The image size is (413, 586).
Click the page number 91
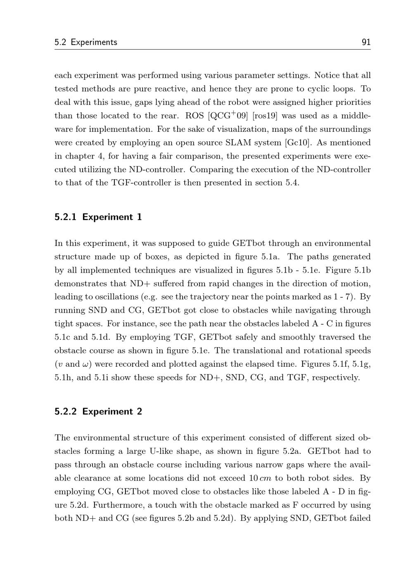coord(366,42)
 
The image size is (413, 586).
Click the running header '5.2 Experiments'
coord(86,42)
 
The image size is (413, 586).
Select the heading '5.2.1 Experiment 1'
coord(98,217)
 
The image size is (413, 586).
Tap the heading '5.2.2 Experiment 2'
coord(98,412)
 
